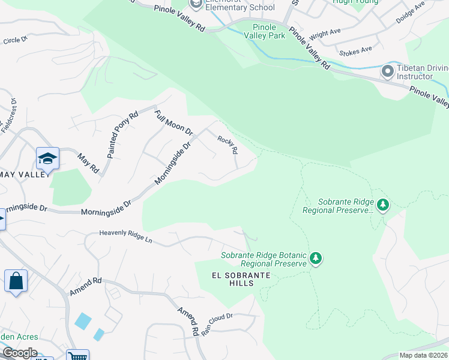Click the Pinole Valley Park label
coord(264,31)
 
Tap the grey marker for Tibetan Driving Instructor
coord(388,72)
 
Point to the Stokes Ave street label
coord(355,50)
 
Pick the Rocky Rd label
coord(228,145)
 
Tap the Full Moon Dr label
coord(173,122)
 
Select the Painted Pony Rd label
coord(122,134)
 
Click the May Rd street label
coord(88,163)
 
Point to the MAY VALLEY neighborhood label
coord(24,174)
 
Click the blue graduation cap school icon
coord(47,159)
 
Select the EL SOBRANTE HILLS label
coord(241,279)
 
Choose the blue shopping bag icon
coord(16,281)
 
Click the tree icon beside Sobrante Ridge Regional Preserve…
coord(383,206)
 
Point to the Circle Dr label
coord(15,40)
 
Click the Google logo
coord(19,353)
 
